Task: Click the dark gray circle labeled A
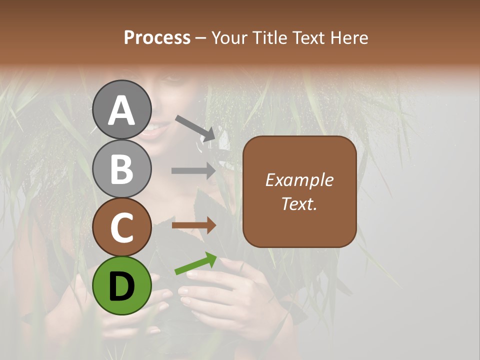point(122,109)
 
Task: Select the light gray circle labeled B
point(122,168)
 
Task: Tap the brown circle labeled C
point(122,227)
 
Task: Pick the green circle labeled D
point(122,285)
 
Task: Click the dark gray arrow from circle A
point(195,127)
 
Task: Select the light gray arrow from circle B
point(193,171)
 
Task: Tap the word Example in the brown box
point(299,180)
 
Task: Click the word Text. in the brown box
point(299,203)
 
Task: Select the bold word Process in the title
point(157,37)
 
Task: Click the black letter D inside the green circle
point(122,286)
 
